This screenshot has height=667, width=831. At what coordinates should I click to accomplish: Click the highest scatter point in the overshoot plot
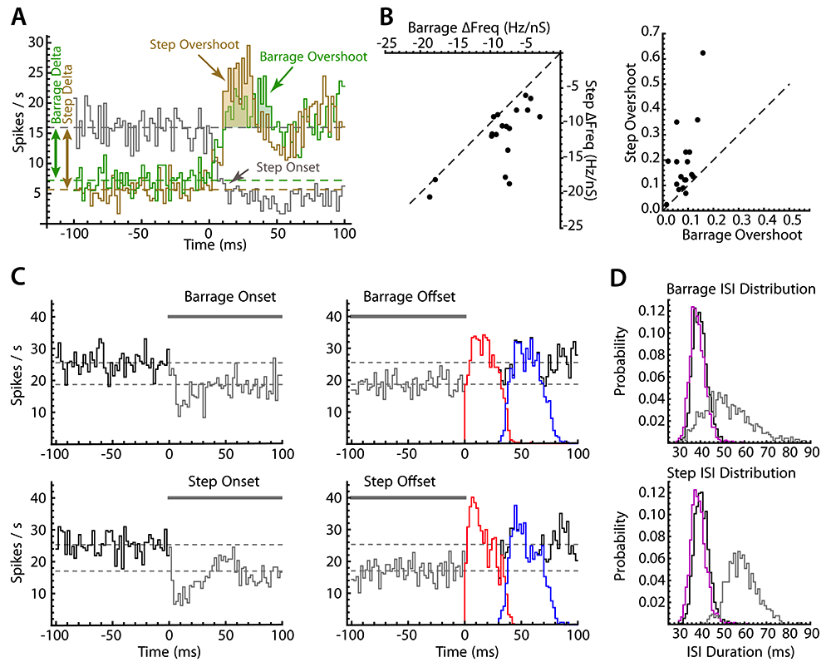click(x=703, y=52)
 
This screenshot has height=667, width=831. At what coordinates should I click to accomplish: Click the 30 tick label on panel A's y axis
click(x=35, y=42)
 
